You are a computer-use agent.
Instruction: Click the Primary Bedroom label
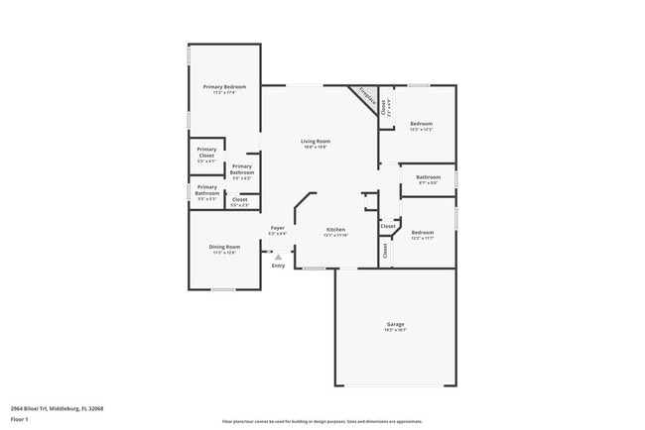[224, 87]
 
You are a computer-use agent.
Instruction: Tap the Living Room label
[316, 141]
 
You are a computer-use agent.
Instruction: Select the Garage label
[395, 324]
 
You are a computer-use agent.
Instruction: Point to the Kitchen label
[334, 229]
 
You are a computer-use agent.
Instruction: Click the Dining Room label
[224, 247]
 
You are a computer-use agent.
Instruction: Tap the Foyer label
[278, 228]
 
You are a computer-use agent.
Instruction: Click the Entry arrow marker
[278, 257]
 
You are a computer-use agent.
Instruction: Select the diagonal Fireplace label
[366, 98]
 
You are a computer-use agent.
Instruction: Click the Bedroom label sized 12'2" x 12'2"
[422, 124]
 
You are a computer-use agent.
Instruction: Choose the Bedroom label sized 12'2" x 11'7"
[423, 232]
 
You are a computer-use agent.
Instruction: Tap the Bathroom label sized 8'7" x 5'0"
[429, 177]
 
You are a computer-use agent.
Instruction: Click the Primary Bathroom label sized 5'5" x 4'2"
[242, 169]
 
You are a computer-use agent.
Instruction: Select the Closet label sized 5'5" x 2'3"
[240, 200]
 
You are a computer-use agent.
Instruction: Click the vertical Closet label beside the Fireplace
[385, 109]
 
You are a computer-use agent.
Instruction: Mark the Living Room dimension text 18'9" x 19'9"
[316, 148]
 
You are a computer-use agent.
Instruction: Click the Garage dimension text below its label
[395, 331]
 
